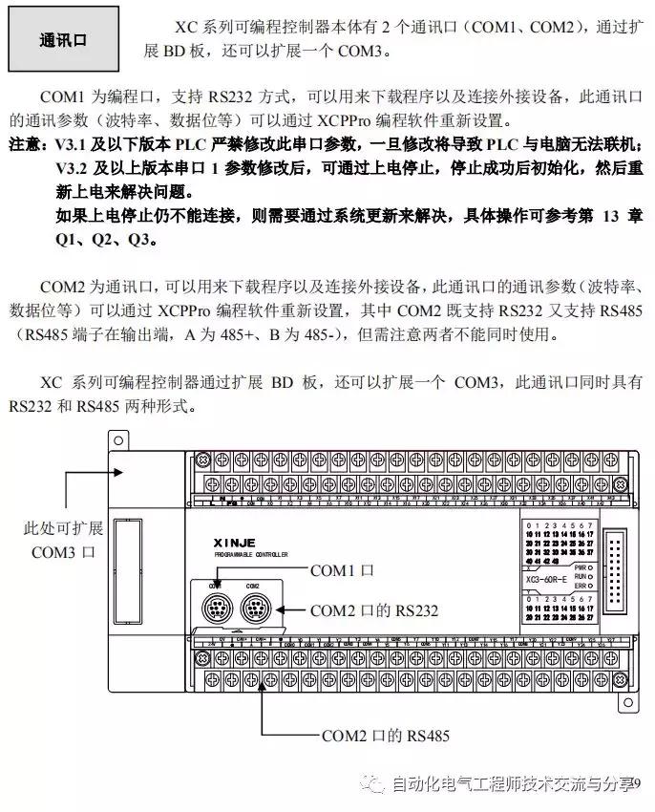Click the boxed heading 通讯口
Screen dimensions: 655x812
(63, 41)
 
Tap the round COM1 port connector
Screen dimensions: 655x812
(217, 605)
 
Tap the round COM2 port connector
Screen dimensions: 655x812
(253, 605)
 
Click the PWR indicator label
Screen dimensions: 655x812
(581, 567)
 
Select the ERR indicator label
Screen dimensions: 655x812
(581, 588)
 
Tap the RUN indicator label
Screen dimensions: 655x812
(581, 578)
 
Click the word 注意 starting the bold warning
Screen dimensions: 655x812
(27, 144)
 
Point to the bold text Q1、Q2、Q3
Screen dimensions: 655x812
(104, 238)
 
